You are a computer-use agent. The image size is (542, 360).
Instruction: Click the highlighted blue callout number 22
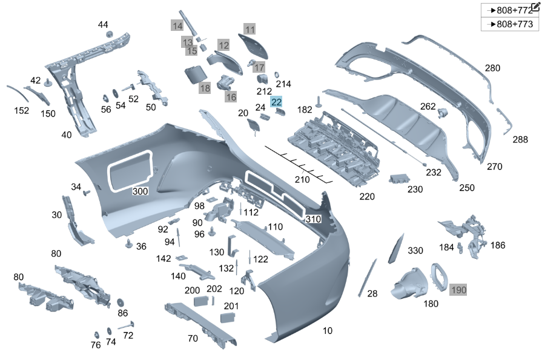point(276,102)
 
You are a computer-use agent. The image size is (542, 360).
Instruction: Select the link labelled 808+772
point(511,10)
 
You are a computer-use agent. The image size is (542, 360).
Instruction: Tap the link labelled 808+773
point(511,24)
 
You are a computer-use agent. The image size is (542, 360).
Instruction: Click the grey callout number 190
point(458,290)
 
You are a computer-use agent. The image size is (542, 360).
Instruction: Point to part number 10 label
point(327,331)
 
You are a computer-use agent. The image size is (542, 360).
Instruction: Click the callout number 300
point(140,191)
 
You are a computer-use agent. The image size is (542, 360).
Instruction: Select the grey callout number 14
point(177,26)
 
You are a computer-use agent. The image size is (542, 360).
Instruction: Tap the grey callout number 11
point(250,28)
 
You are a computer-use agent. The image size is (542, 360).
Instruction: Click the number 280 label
point(492,68)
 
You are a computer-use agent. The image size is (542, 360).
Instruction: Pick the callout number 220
point(366,196)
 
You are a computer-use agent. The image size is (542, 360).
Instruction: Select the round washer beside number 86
point(120,301)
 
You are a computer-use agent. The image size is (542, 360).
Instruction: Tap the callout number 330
point(415,250)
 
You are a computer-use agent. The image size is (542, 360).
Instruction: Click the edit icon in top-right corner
point(535,6)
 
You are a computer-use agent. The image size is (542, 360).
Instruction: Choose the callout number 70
point(193,338)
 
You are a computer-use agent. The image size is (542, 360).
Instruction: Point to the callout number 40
point(67,135)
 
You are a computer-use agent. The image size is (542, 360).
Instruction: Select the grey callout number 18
point(205,88)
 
